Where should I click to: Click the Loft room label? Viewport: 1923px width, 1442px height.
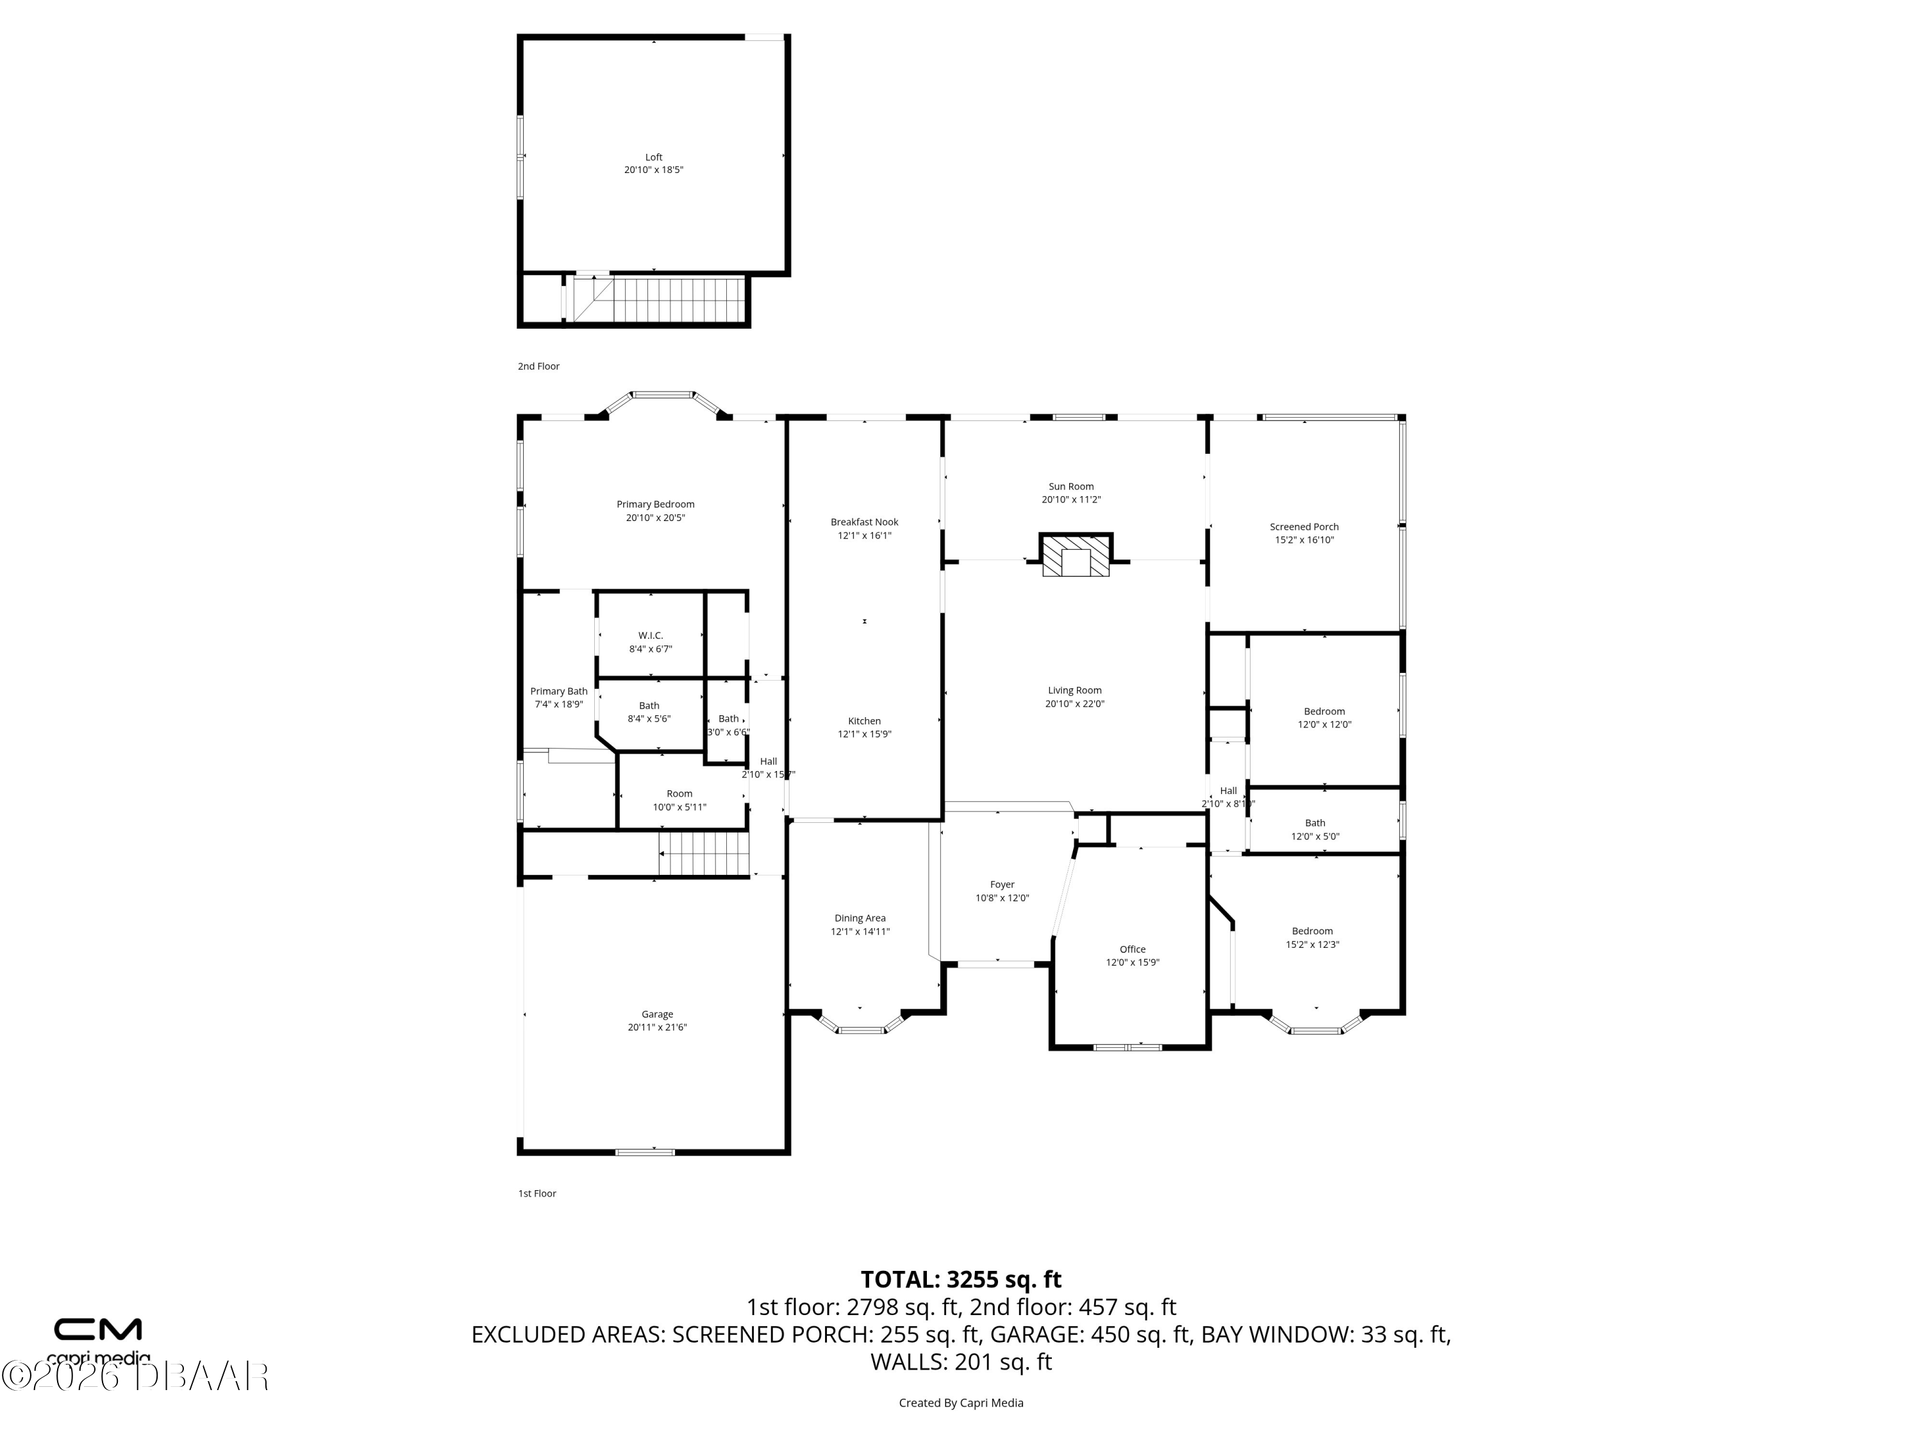pyautogui.click(x=654, y=157)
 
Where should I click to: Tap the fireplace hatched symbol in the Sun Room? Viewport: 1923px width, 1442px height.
pyautogui.click(x=1076, y=556)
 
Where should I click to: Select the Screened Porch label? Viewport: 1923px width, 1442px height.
pyautogui.click(x=1304, y=527)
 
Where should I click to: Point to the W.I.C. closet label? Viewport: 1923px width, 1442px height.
pyautogui.click(x=650, y=635)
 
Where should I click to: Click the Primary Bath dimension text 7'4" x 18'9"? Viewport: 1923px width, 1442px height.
pyautogui.click(x=559, y=704)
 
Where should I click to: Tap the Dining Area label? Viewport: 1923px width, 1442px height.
pyautogui.click(x=860, y=918)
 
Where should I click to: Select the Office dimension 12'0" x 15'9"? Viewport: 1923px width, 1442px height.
pyautogui.click(x=1133, y=962)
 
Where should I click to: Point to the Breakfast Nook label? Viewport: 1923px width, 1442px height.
pyautogui.click(x=864, y=522)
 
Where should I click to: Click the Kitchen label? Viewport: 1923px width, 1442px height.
pyautogui.click(x=864, y=720)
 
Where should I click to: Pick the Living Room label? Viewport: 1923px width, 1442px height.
pyautogui.click(x=1074, y=690)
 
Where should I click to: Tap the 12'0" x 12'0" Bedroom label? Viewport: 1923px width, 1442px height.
pyautogui.click(x=1324, y=711)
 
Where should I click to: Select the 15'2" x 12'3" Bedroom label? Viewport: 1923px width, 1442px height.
pyautogui.click(x=1312, y=931)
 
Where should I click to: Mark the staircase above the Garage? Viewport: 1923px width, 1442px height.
pyautogui.click(x=703, y=854)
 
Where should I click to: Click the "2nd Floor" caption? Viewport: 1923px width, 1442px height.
pyautogui.click(x=539, y=366)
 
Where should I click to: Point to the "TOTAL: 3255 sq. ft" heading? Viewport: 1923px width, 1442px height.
pyautogui.click(x=961, y=1279)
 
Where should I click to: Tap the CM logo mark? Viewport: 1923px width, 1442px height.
pyautogui.click(x=98, y=1329)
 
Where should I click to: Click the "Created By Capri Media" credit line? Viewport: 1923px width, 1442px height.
pyautogui.click(x=961, y=1403)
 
